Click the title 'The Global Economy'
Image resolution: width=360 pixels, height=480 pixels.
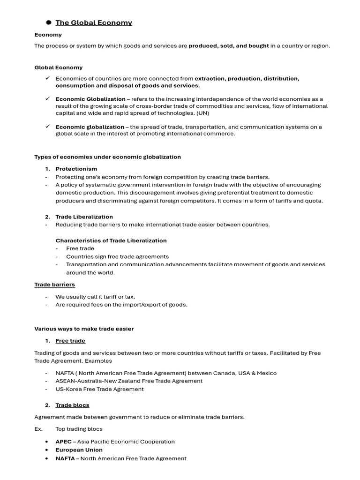(94, 22)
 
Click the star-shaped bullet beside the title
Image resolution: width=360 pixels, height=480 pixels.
(48, 22)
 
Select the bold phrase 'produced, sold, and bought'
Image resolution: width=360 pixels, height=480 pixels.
(229, 46)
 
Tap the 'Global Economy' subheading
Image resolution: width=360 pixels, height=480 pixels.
(58, 67)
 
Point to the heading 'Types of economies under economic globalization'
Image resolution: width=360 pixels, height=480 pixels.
(107, 157)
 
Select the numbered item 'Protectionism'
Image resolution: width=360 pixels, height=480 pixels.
(76, 169)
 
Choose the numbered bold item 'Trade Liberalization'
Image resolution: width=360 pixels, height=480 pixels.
(84, 217)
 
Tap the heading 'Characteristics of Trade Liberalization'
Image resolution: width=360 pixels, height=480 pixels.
(111, 240)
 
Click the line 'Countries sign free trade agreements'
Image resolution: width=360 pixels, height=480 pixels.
(117, 256)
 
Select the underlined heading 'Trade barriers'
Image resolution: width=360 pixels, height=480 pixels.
(54, 285)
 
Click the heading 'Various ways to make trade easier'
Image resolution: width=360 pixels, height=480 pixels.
(84, 329)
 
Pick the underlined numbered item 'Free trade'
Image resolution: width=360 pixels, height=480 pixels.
(70, 341)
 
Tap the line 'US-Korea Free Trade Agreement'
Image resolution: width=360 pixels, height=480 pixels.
(99, 389)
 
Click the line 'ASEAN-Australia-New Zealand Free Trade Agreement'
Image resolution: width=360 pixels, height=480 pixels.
(129, 381)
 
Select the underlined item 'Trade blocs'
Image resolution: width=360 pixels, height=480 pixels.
(72, 405)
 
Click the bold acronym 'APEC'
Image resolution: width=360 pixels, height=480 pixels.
(63, 442)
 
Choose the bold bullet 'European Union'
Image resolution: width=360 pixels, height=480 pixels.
(79, 450)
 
